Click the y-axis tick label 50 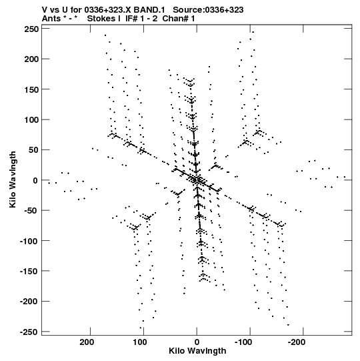(33, 150)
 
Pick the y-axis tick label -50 (31, 211)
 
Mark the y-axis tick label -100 (29, 241)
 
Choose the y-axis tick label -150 (29, 272)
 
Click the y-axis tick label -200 (29, 302)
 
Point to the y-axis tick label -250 (29, 332)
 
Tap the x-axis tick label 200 (87, 342)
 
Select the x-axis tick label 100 (140, 342)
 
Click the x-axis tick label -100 (243, 342)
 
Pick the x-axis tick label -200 (297, 342)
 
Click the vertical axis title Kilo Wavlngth (13, 179)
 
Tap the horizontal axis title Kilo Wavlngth (197, 351)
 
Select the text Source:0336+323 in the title (208, 10)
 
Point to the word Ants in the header (51, 19)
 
